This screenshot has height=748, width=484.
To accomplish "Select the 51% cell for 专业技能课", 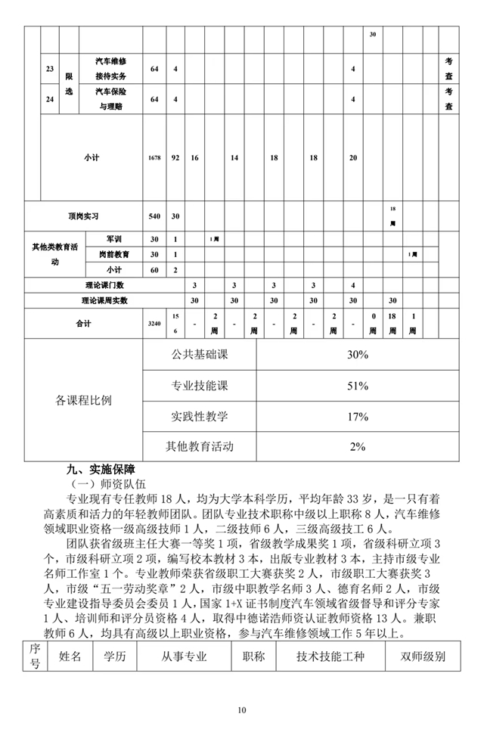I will click(357, 386).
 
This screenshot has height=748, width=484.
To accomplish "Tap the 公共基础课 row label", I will click(200, 355).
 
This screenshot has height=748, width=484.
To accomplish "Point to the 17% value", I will click(357, 417).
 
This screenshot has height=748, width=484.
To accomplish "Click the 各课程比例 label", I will click(83, 400).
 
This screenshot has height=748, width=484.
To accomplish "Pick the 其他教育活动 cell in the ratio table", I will click(200, 446).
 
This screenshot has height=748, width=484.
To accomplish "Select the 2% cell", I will click(357, 446).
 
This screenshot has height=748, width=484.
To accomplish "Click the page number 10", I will click(241, 709).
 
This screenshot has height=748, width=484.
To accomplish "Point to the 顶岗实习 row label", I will click(83, 216).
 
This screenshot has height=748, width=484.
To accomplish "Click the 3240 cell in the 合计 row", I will click(154, 323).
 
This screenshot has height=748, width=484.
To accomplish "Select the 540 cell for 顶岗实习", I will click(154, 216).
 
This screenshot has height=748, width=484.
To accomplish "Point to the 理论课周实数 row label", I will click(105, 300).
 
